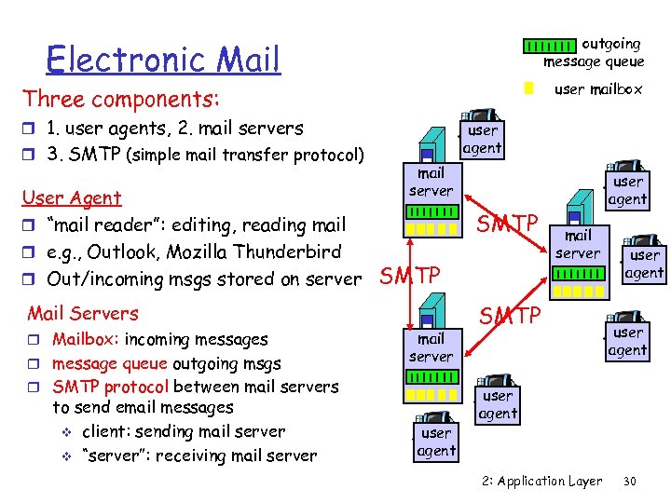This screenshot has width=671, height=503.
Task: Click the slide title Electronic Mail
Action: tap(163, 59)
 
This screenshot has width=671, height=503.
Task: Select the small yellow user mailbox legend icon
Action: tap(527, 89)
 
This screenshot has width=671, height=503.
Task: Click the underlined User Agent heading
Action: tap(72, 197)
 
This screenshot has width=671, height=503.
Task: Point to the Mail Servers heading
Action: tap(83, 313)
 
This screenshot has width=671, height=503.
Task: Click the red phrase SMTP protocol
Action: tap(110, 387)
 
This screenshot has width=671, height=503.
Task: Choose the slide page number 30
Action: tap(630, 482)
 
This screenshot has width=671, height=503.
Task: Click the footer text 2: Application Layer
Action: tap(542, 482)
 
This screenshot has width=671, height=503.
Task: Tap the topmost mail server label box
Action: tap(431, 182)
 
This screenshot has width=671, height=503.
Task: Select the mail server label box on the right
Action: tap(578, 244)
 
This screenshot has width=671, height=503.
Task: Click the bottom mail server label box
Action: tap(431, 347)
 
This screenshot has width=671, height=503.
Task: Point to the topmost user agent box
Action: tap(483, 139)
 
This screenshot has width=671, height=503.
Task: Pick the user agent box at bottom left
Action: tap(436, 442)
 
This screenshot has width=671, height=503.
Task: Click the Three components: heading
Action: tap(121, 99)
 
